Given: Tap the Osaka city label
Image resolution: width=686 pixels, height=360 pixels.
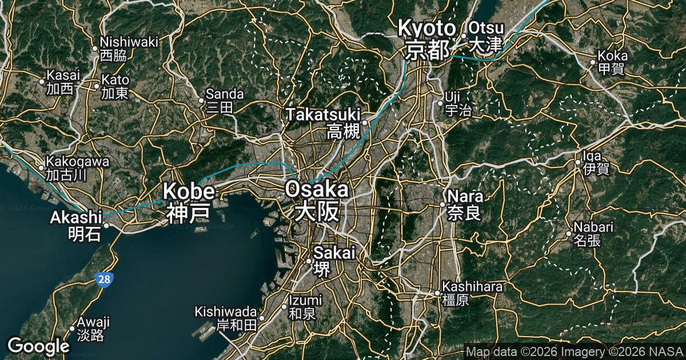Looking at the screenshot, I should coord(316,200).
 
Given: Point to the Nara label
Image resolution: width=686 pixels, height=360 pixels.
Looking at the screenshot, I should coord(465,204).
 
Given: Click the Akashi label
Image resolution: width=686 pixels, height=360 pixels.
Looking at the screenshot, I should coord(76,225).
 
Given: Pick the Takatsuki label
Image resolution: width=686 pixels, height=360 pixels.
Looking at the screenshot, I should coord(324,122).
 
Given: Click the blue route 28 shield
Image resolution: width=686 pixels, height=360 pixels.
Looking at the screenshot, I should coord(105,279).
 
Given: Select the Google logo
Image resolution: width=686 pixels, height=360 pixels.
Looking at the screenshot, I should coord(38,346).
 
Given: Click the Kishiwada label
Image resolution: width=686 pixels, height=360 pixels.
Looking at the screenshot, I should coord(226,319).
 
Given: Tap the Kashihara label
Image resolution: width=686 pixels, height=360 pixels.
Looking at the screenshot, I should coord(472,293).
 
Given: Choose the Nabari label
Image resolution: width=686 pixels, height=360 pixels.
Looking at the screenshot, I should coord(593,233).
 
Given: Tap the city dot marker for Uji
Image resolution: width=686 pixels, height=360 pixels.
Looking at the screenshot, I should coord(440,103).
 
